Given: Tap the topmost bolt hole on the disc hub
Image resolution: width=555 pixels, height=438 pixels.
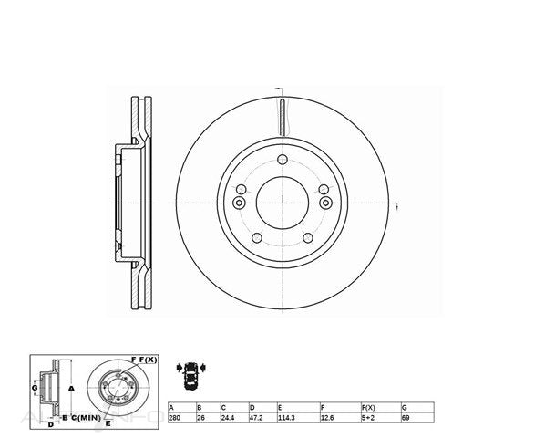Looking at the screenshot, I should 283,159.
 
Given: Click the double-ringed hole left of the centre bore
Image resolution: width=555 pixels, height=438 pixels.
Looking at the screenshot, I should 240,203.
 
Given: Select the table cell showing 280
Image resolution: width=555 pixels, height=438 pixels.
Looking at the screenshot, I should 176,417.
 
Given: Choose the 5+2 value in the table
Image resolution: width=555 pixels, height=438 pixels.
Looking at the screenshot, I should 369,417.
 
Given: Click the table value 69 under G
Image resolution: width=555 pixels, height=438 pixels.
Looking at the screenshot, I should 405,417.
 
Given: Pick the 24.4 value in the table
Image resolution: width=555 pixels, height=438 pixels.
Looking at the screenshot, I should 227,417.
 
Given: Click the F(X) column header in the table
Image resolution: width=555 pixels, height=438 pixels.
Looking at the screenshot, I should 370,406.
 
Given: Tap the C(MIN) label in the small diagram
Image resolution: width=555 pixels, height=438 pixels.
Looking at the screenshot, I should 87,417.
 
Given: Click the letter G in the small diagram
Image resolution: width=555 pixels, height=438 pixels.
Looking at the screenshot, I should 35,389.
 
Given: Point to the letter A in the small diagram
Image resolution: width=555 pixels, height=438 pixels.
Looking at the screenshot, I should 70,388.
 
